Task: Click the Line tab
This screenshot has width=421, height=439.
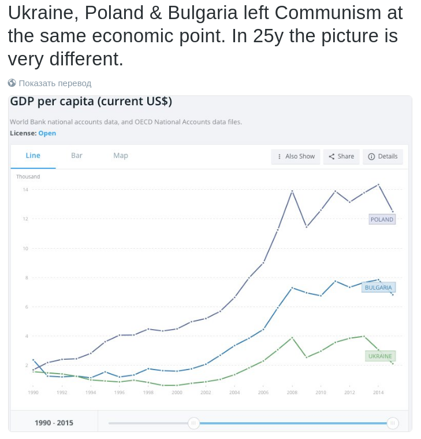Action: [33, 156]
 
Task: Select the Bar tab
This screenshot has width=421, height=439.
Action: [77, 156]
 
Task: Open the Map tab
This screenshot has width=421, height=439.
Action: [121, 156]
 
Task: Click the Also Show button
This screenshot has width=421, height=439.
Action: [296, 156]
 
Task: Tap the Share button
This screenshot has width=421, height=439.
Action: [341, 156]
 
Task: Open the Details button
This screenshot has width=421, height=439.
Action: [383, 156]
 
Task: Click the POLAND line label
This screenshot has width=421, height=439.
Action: [382, 220]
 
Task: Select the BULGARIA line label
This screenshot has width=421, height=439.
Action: [378, 287]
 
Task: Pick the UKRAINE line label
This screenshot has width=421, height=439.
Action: [380, 356]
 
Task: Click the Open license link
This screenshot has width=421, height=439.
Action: [47, 133]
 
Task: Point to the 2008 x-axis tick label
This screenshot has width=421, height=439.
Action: [292, 392]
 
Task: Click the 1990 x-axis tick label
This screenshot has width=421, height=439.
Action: [33, 392]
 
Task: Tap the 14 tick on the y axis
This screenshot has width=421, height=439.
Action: [25, 190]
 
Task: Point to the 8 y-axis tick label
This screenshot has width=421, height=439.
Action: [26, 278]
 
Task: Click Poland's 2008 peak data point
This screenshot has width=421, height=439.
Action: [292, 191]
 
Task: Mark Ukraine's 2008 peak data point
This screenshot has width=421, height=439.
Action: [292, 337]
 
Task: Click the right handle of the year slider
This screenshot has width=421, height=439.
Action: [393, 423]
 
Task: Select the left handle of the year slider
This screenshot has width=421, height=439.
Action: [194, 423]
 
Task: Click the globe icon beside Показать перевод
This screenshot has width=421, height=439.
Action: [12, 83]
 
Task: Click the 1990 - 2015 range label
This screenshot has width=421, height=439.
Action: [54, 423]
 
